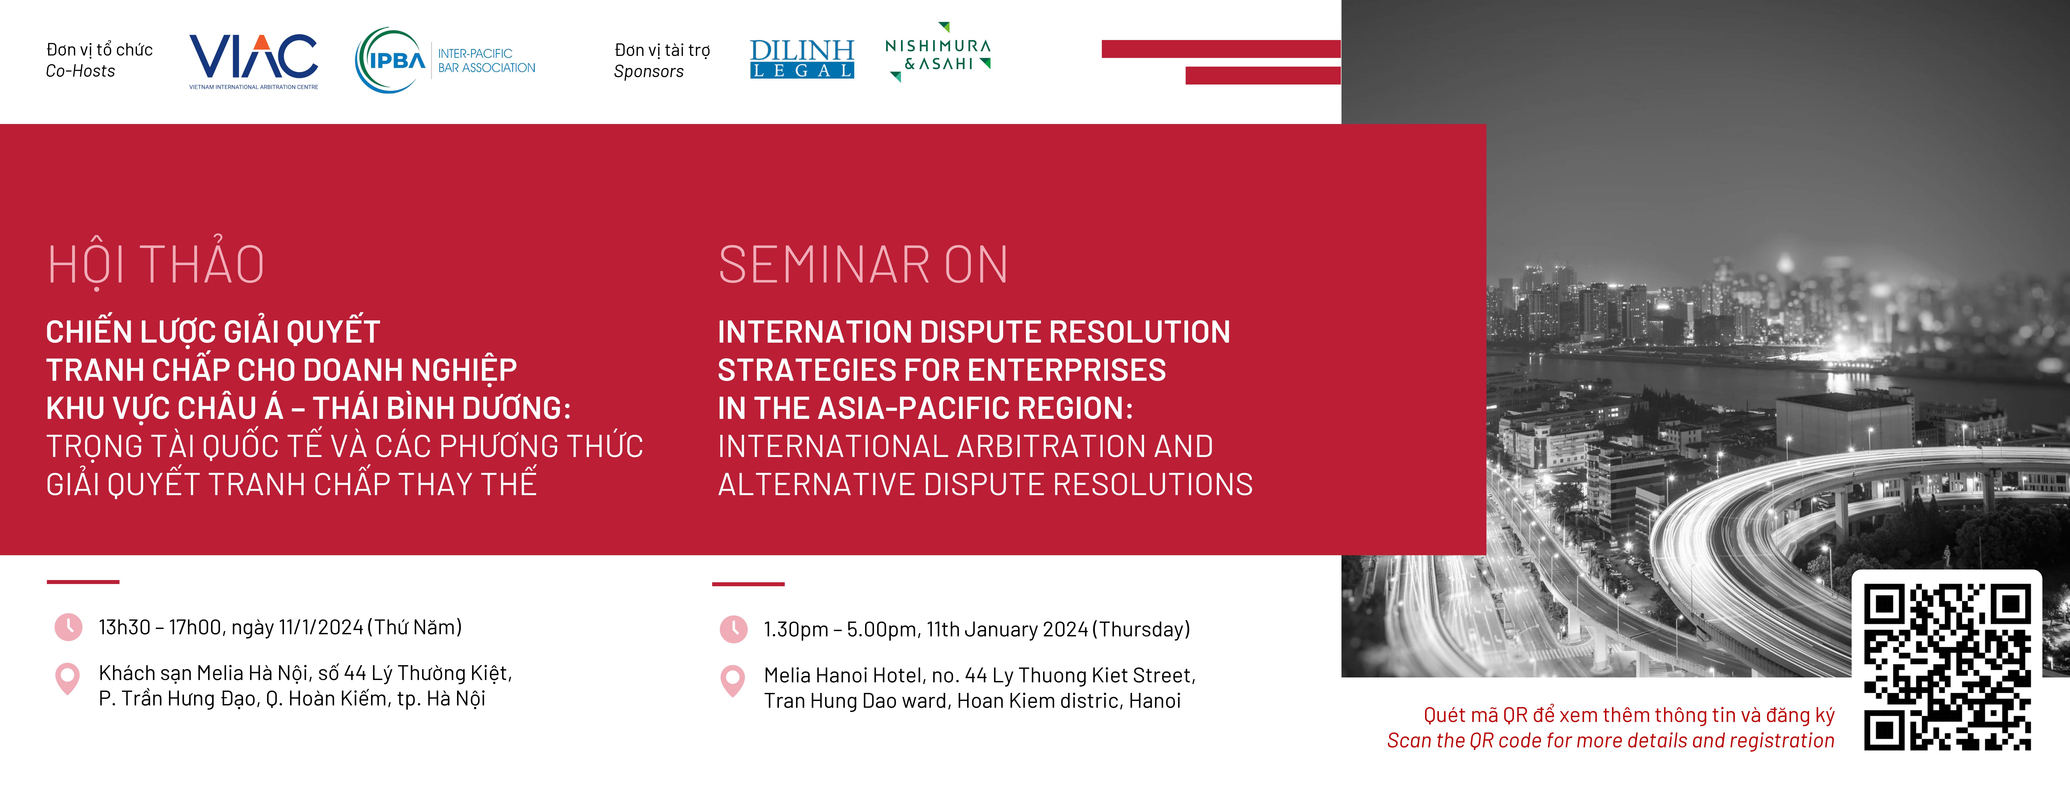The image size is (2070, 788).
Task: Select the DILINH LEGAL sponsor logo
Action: pyautogui.click(x=801, y=59)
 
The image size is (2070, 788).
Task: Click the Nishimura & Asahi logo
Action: pyautogui.click(x=938, y=52)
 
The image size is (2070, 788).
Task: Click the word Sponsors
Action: pyautogui.click(x=649, y=72)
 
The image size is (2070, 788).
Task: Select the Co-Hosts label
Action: pyautogui.click(x=80, y=71)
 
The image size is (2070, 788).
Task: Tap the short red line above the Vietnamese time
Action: pyautogui.click(x=83, y=581)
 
